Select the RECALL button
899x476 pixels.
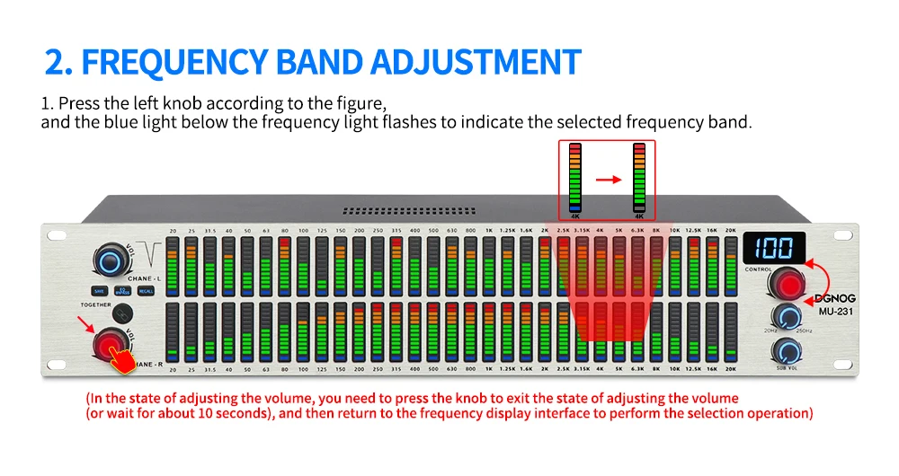[x=145, y=290]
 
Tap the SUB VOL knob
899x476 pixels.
[x=788, y=351]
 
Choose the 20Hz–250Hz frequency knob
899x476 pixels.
[x=788, y=315]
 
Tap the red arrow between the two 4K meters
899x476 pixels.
[x=609, y=180]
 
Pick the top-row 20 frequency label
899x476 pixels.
[x=173, y=232]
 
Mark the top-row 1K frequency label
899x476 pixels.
[x=489, y=232]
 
